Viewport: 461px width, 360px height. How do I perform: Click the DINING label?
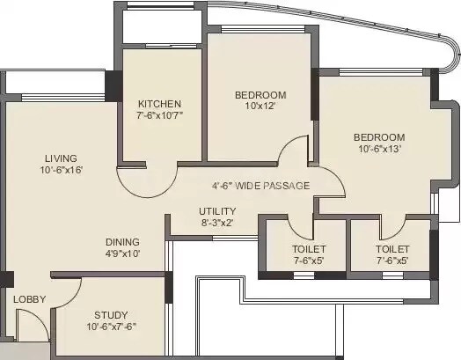click(122, 241)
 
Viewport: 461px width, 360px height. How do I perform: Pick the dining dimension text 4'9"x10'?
click(122, 253)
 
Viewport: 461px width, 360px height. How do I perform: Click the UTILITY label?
click(216, 211)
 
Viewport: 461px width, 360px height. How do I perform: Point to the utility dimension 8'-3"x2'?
click(216, 224)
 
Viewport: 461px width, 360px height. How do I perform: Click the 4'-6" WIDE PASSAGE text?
click(260, 187)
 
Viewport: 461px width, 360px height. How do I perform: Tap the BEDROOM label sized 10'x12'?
click(261, 95)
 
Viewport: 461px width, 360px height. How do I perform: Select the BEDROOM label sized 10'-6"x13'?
click(379, 137)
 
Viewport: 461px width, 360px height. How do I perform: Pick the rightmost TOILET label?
click(391, 249)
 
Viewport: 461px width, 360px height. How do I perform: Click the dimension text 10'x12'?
click(261, 107)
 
